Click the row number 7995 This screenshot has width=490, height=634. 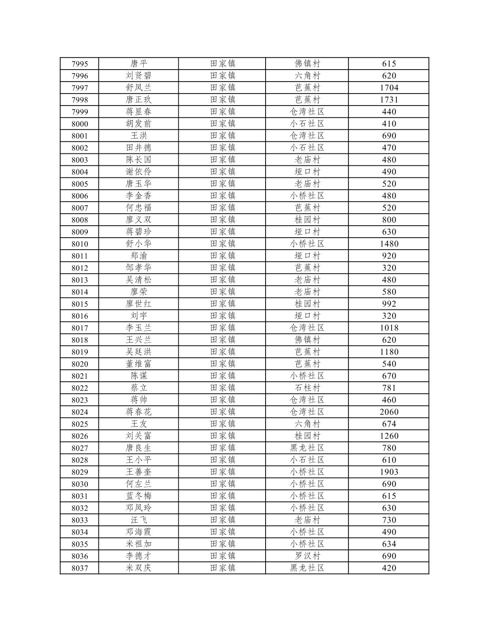point(80,64)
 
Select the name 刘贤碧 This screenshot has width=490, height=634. point(138,76)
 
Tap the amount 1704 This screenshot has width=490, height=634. point(389,88)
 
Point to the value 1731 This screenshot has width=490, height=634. point(389,100)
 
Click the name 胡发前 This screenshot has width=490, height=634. point(138,124)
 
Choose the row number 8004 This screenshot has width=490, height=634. point(80,172)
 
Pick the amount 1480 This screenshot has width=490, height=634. point(389,244)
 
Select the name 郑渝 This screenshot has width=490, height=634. point(138,256)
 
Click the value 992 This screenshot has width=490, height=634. point(389,304)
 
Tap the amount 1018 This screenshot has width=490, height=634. point(389,328)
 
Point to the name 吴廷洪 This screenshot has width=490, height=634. point(138,352)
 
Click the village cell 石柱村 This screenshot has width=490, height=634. point(307,388)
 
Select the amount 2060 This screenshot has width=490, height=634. point(389,412)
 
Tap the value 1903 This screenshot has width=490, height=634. point(389,472)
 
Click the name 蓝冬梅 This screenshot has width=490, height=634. point(138,496)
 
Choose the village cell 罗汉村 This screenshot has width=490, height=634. point(307,556)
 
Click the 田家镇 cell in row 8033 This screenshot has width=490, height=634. point(223,520)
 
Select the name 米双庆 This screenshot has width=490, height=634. point(138,568)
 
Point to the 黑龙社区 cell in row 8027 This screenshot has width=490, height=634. point(307,448)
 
